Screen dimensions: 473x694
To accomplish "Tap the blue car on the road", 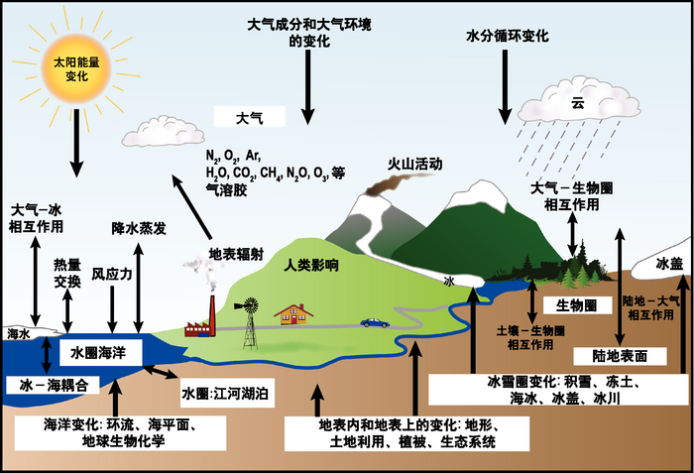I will (374, 322).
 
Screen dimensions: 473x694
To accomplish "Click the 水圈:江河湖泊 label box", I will (227, 394).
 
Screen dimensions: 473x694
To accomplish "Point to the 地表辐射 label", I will (234, 253).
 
